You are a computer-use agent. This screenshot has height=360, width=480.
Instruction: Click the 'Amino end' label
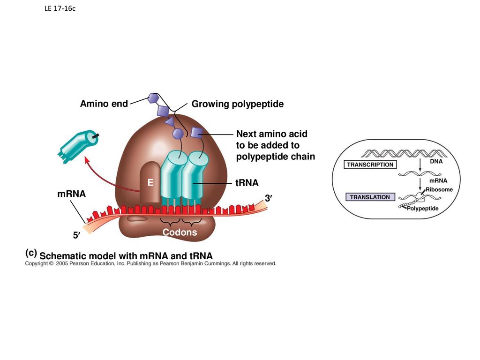[x=104, y=104]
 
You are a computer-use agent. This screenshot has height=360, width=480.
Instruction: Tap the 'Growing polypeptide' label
[x=238, y=104]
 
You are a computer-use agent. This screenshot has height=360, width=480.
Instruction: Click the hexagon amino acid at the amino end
[x=152, y=98]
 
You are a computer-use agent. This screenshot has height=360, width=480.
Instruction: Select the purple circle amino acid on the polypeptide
[x=178, y=134]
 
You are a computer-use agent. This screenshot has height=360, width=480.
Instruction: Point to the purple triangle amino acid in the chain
[x=170, y=121]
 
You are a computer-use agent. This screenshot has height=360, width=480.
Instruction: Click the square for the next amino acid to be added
[x=196, y=132]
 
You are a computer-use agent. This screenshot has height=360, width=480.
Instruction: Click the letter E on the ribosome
[x=150, y=183]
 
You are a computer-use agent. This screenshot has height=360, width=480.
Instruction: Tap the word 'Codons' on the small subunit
[x=180, y=232]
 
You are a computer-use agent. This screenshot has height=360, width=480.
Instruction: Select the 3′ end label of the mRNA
[x=269, y=198]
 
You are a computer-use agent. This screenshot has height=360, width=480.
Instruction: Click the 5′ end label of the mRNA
[x=76, y=235]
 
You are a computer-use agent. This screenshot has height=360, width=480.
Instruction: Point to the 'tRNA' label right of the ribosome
[x=247, y=183]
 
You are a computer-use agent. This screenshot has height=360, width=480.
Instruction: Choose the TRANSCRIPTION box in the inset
[x=370, y=165]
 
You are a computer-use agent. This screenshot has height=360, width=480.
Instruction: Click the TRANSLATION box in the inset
[x=370, y=197]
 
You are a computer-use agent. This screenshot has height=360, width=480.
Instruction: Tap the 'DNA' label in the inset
[x=436, y=161]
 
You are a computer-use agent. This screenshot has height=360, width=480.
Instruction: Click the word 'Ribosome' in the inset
[x=439, y=189]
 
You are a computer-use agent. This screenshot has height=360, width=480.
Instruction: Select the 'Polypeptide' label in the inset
[x=423, y=209]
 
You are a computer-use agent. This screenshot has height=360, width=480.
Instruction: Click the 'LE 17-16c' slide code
[x=60, y=8]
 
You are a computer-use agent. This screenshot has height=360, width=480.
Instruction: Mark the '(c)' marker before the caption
[x=31, y=253]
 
